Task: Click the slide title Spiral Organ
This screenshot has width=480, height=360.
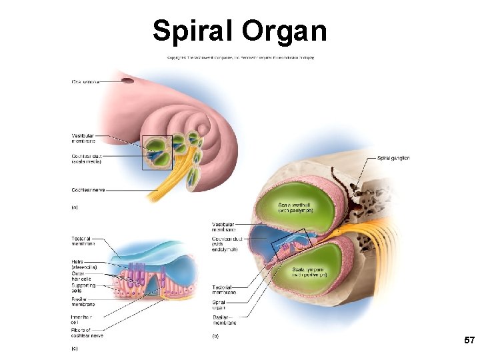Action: [240, 31]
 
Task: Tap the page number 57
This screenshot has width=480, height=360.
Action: [469, 341]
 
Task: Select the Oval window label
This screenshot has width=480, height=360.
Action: [86, 82]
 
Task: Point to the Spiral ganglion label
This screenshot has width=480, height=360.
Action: [393, 158]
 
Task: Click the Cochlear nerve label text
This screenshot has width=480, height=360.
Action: [88, 190]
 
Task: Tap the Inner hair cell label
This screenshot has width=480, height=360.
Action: [81, 318]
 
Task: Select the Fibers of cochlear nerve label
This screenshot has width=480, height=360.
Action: [87, 332]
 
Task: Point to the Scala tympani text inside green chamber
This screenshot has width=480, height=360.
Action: [309, 271]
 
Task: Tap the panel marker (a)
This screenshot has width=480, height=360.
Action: [75, 207]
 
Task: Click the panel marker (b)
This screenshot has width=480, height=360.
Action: [215, 337]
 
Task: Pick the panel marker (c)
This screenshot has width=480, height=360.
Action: [75, 347]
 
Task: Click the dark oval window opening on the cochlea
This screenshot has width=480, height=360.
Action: [127, 81]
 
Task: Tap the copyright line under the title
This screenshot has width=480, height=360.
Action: [240, 57]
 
